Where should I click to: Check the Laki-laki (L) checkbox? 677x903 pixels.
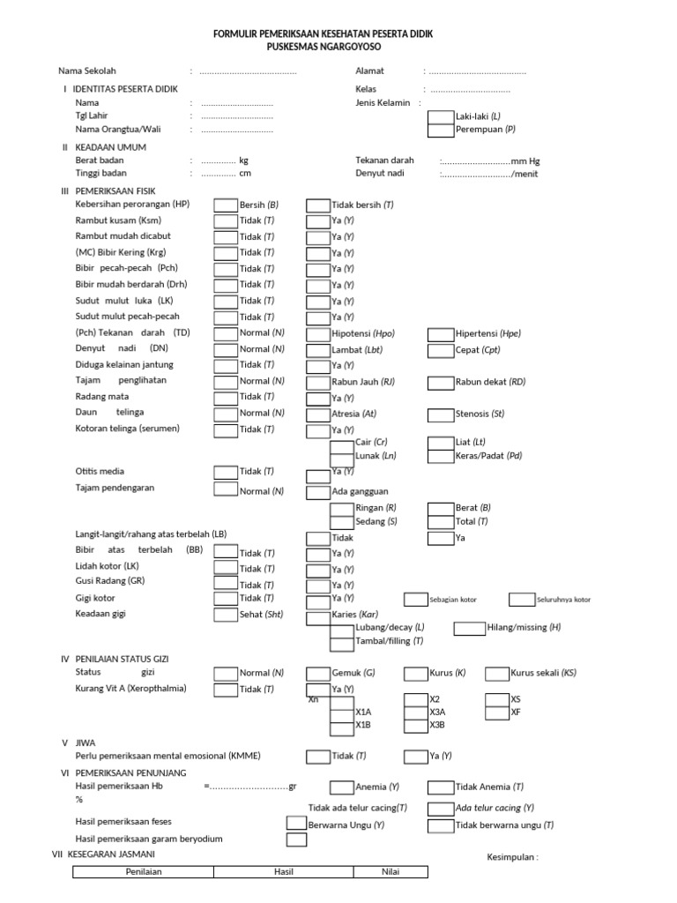[441, 116]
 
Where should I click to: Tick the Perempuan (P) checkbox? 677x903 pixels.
[441, 130]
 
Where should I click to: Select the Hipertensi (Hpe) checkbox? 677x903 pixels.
[441, 333]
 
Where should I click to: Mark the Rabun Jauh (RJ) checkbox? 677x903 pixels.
[318, 382]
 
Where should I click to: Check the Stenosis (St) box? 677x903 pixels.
[441, 414]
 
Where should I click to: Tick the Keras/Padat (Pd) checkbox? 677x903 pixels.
[441, 456]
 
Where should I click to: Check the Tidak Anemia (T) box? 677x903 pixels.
[441, 787]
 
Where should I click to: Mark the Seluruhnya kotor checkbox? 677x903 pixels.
[520, 600]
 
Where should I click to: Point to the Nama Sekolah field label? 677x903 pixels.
[87, 71]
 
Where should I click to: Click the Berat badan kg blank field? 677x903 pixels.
[219, 160]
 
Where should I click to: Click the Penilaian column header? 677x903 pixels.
[144, 871]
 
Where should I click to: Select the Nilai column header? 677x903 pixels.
[391, 871]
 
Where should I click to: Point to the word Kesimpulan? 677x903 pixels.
[511, 856]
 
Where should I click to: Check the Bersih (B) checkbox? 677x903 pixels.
[226, 205]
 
